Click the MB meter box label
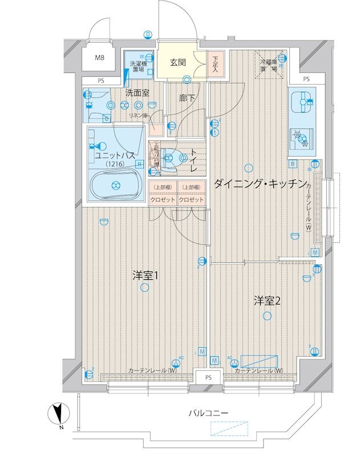point(100,58)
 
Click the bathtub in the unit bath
point(116,184)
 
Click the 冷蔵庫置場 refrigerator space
point(269,64)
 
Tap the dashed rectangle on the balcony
point(228,429)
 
